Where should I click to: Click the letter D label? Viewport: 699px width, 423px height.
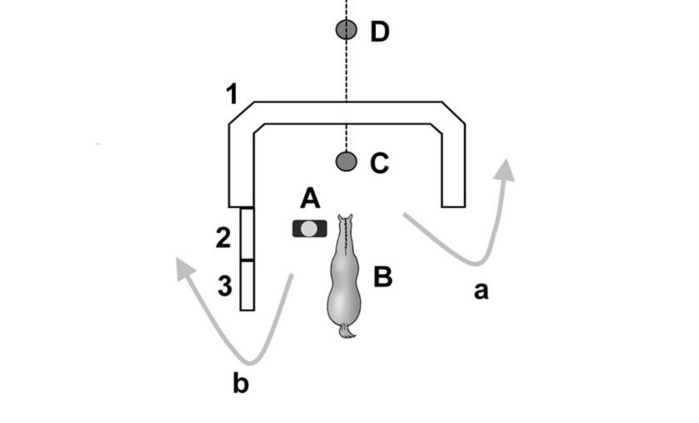coord(380,32)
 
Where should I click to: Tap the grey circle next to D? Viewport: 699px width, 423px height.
coord(346,30)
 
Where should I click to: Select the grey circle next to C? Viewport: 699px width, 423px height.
coord(346,161)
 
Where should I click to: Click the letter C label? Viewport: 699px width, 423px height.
coord(379,163)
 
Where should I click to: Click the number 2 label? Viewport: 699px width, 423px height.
coord(223,238)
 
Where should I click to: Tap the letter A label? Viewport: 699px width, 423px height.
coord(309,199)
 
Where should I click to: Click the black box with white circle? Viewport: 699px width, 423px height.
coord(309,228)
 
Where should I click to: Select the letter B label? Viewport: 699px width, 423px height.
coord(382,277)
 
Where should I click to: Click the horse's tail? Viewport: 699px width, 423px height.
coord(347,331)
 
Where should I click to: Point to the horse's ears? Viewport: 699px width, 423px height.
coord(345,219)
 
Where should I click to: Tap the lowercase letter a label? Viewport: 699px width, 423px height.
coord(481,292)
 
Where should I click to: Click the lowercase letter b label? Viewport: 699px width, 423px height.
coord(240,384)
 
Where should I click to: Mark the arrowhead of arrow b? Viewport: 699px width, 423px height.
coord(183,267)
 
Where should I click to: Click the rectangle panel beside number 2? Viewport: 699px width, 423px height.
coord(247,234)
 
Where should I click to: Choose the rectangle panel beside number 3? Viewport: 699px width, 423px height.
coord(247,286)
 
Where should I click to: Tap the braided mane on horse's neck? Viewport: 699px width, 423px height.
coord(346,239)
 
